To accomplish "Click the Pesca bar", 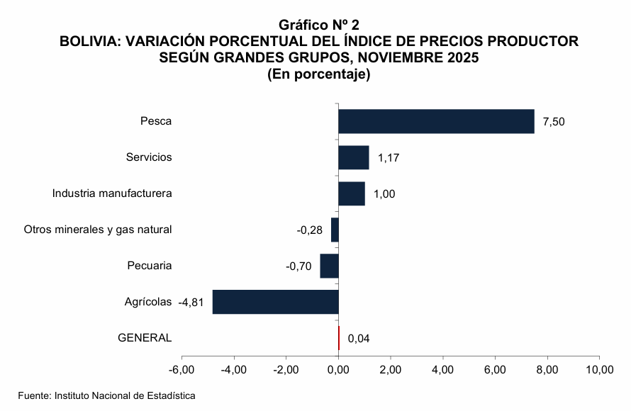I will (x=436, y=121).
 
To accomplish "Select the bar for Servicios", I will (x=353, y=157).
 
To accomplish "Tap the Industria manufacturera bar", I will (x=351, y=193).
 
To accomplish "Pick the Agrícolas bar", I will (x=275, y=301).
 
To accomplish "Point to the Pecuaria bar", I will (x=329, y=266).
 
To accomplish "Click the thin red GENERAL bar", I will (x=339, y=337).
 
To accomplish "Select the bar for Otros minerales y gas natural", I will (x=335, y=230).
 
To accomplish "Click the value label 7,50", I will (x=554, y=122).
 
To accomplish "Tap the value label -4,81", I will (x=191, y=302).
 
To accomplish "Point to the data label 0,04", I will (x=359, y=338).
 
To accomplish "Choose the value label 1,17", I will (x=389, y=158).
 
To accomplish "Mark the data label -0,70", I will (x=298, y=266).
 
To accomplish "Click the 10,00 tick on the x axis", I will (x=599, y=370).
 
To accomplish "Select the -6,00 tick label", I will (x=182, y=370).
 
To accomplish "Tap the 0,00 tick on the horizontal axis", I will (x=339, y=370).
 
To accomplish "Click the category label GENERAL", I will (x=145, y=337).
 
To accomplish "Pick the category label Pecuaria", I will (x=150, y=266).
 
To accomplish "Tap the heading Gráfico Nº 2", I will (x=319, y=27).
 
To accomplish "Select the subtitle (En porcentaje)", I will (x=319, y=73).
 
